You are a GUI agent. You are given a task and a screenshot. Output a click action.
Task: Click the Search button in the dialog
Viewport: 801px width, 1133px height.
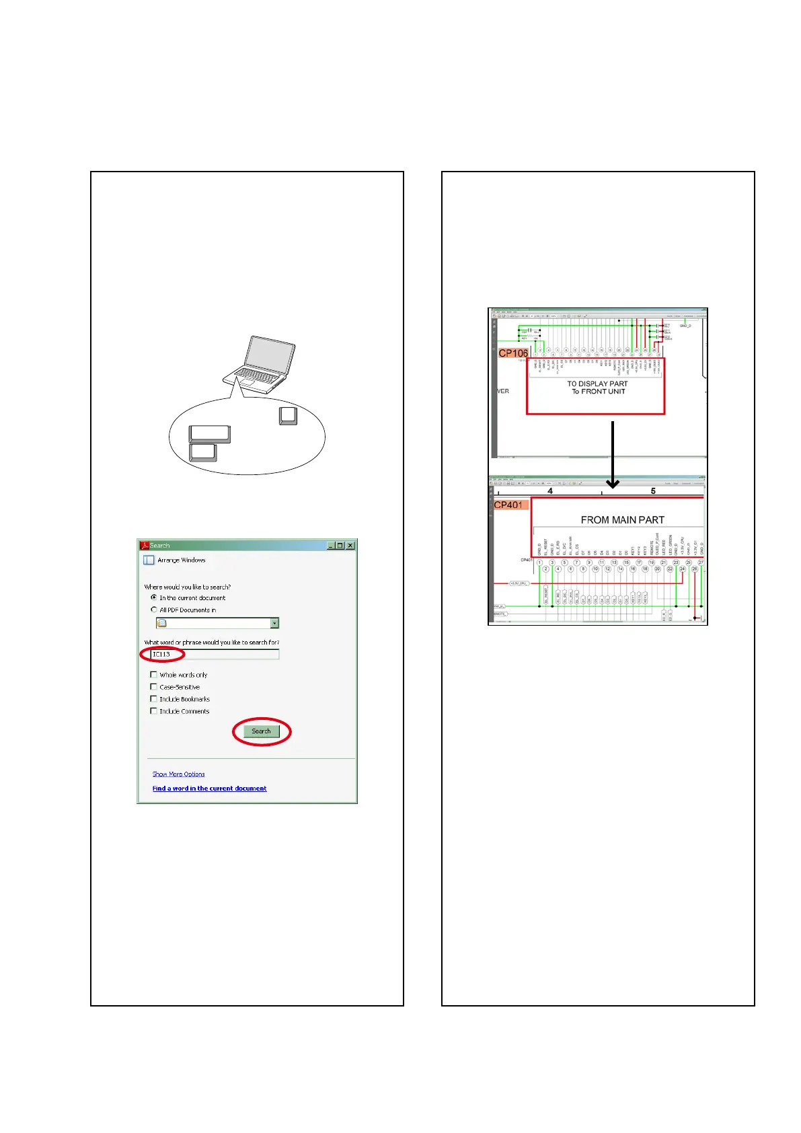coord(261,731)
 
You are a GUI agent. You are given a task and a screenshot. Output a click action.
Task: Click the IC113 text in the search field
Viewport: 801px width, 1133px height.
coord(161,654)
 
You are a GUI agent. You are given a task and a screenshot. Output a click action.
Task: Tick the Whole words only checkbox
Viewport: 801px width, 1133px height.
coord(153,674)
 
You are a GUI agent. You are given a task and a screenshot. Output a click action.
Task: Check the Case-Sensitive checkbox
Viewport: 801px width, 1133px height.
coord(153,686)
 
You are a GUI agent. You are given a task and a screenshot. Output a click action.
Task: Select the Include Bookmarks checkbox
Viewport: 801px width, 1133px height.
coord(153,698)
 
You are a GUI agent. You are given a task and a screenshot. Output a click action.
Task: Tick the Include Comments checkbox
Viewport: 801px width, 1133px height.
coord(153,710)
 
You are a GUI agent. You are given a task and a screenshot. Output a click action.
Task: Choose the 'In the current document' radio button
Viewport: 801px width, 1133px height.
coord(154,597)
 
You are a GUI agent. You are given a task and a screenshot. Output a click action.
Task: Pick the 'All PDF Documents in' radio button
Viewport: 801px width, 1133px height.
coord(154,610)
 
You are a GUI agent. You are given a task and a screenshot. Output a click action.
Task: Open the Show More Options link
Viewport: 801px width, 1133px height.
coord(178,774)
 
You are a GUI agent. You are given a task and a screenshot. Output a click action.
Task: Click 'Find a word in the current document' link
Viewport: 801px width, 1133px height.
coord(209,788)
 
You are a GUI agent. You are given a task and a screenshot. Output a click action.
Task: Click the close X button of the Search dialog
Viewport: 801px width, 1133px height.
coord(350,546)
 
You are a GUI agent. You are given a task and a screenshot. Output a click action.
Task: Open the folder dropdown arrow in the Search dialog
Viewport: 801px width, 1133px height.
coord(274,623)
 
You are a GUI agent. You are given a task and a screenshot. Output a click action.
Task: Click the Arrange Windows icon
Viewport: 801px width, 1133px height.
coord(149,560)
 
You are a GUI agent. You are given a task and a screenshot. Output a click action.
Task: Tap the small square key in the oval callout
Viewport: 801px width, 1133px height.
coord(288,416)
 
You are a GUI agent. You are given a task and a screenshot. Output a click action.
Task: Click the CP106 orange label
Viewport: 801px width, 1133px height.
coord(513,353)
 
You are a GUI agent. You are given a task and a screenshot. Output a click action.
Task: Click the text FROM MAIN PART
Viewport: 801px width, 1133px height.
coord(622,519)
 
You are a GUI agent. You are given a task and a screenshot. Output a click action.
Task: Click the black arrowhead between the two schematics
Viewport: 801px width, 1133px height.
coord(612,482)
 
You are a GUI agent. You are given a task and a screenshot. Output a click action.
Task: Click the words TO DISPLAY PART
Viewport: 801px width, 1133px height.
coord(597,383)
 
